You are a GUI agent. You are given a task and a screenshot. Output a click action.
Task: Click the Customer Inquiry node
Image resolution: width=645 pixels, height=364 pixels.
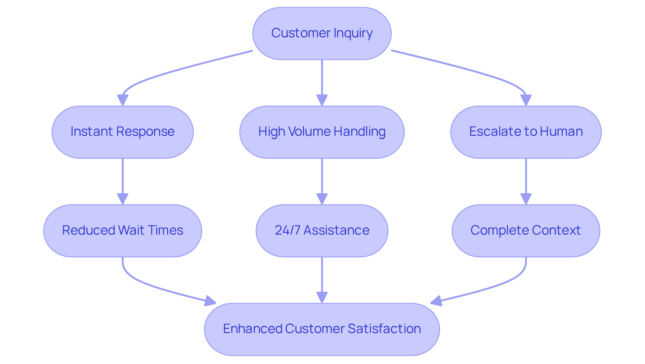pos(322,33)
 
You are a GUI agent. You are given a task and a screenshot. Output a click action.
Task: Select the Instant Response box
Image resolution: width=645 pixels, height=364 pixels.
pos(123,132)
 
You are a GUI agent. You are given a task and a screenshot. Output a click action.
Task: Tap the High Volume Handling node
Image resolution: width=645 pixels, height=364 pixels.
pos(322,132)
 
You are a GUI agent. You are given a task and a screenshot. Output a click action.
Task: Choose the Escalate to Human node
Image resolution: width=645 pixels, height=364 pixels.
pos(526,132)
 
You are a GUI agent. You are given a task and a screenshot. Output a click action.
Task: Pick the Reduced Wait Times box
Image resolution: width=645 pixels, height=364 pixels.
pos(123,231)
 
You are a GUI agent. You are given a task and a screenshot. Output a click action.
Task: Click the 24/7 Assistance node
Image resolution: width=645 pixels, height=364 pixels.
pos(322,231)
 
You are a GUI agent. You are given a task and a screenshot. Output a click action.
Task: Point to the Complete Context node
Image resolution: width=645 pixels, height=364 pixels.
pos(526,231)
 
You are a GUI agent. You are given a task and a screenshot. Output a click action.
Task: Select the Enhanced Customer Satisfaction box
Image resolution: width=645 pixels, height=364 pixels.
pos(322,329)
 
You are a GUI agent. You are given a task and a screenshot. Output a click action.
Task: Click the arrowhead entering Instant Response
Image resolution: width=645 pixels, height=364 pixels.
pos(123,100)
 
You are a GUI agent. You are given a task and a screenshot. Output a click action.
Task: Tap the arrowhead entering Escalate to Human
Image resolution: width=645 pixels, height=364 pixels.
pos(526,100)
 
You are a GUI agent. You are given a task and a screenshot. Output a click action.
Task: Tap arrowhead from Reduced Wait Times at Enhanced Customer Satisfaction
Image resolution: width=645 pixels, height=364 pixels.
pos(210,301)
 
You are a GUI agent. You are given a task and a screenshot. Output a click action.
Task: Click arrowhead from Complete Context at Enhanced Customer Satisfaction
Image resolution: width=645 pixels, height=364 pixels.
pos(436,301)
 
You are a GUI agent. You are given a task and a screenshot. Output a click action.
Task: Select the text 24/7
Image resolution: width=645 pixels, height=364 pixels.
pos(287,230)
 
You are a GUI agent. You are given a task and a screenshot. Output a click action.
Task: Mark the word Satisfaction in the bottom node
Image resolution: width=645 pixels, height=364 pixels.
pos(384,329)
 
